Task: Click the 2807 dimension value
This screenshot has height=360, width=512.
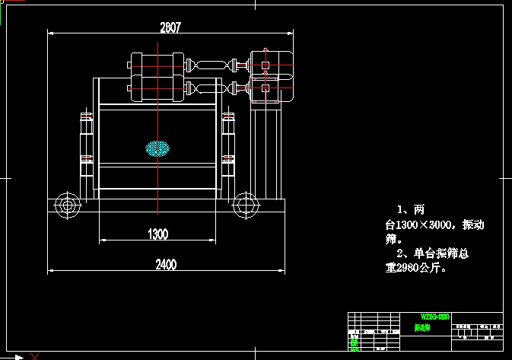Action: tap(170, 27)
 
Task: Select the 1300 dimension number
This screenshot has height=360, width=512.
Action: tap(157, 234)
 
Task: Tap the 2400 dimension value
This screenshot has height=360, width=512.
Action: tap(166, 264)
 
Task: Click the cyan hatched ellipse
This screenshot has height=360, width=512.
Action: tap(157, 147)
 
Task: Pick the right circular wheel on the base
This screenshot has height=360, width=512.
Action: tap(244, 204)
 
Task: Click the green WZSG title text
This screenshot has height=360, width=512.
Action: tap(436, 316)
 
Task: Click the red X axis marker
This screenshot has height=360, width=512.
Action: tap(34, 355)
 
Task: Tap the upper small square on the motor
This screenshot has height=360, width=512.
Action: tap(265, 66)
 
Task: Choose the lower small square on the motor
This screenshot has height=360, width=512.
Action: tap(265, 89)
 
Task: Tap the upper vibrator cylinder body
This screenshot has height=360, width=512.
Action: tap(157, 65)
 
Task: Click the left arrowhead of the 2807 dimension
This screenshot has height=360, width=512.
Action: tap(50, 33)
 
